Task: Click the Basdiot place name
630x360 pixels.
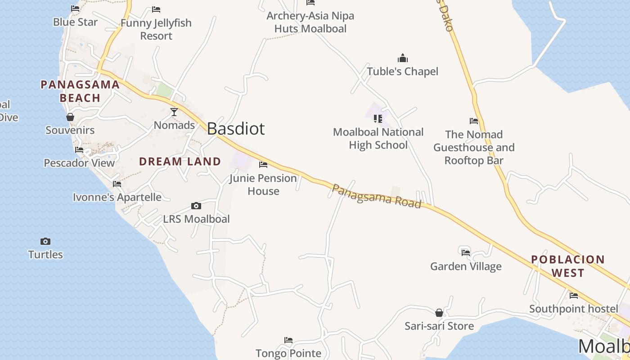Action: (236, 129)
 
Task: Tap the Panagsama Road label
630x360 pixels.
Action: (376, 196)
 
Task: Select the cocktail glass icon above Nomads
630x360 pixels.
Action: (174, 112)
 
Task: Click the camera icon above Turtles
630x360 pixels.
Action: (45, 242)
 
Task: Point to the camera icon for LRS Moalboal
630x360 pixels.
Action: (196, 206)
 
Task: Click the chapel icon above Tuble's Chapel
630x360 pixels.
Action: (402, 58)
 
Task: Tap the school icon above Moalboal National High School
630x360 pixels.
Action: (378, 119)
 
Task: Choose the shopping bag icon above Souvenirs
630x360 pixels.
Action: (70, 117)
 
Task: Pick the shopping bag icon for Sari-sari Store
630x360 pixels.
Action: (439, 313)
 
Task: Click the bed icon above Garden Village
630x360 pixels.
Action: (466, 253)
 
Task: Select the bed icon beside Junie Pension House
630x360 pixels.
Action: (263, 165)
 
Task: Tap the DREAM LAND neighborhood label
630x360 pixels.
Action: (180, 162)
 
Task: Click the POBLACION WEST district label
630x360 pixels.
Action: (568, 266)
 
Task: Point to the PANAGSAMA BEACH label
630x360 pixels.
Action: (80, 91)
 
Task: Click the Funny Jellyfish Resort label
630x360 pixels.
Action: (156, 29)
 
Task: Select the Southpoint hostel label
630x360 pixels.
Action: (573, 309)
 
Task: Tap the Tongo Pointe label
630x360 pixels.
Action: (288, 353)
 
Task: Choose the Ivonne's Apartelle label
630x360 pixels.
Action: (117, 197)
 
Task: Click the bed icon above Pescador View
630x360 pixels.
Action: (79, 150)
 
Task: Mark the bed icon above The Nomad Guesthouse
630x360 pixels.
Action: (474, 121)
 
